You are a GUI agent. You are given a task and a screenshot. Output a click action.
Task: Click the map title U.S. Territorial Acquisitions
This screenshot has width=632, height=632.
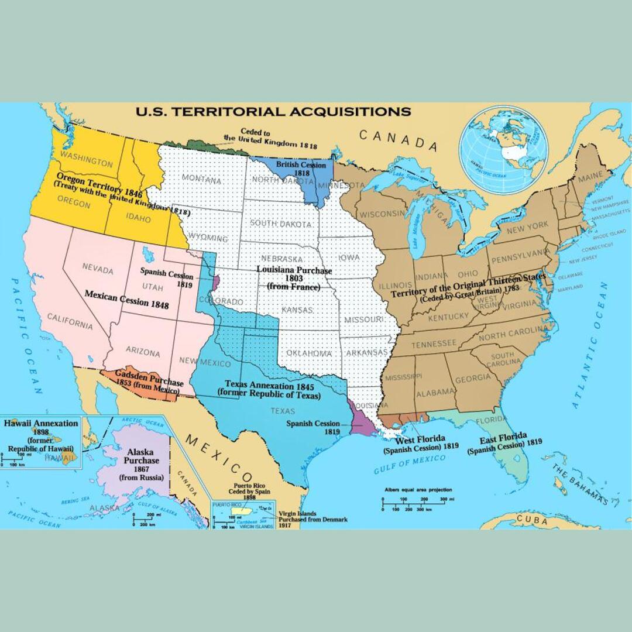273,111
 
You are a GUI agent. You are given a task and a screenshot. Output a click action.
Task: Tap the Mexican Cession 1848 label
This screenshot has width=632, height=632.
126,299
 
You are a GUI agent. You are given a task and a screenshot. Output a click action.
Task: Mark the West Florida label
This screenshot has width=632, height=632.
420,443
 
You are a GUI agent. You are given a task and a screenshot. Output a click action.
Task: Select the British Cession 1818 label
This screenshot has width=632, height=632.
301,169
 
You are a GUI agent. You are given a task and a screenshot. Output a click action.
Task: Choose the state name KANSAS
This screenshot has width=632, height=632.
297,310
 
